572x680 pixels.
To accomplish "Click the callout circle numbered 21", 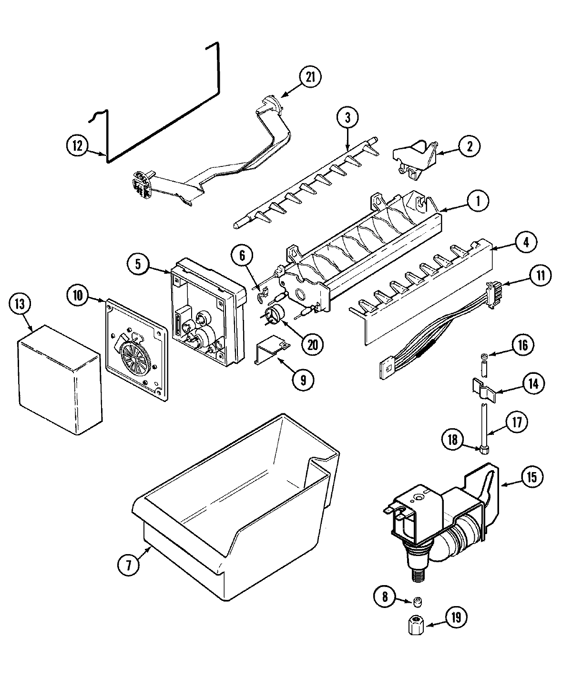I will [x=310, y=78].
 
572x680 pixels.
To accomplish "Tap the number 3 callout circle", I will [x=348, y=117].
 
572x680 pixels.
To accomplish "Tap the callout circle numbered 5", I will [x=138, y=264].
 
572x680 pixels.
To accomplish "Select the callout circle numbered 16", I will [x=523, y=345].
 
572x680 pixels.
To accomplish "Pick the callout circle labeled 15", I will [x=531, y=477].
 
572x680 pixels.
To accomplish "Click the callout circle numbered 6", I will [x=243, y=256].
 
